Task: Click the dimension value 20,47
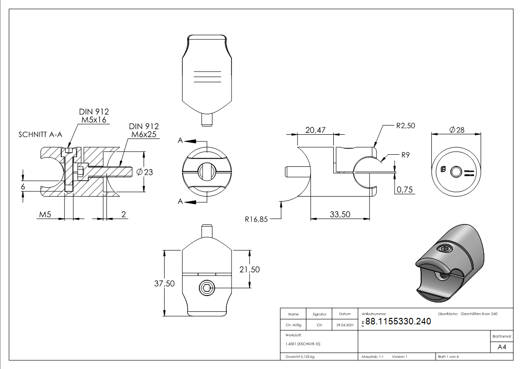pyautogui.click(x=315, y=131)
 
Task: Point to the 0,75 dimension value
pyautogui.click(x=404, y=190)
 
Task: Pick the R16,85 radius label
pyautogui.click(x=256, y=219)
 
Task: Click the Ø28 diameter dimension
pyautogui.click(x=457, y=130)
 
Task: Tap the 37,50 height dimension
pyautogui.click(x=164, y=283)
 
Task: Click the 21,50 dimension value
pyautogui.click(x=249, y=270)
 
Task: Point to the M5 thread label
pyautogui.click(x=45, y=214)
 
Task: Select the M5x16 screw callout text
pyautogui.click(x=94, y=120)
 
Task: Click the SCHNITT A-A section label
pyautogui.click(x=40, y=135)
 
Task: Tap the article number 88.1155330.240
pyautogui.click(x=398, y=321)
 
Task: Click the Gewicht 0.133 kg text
pyautogui.click(x=300, y=356)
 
